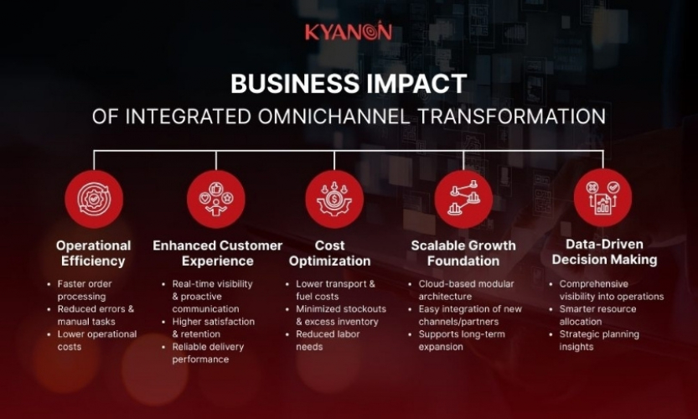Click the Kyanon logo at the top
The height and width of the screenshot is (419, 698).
pyautogui.click(x=348, y=32)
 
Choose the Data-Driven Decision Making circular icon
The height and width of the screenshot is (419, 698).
pyautogui.click(x=602, y=198)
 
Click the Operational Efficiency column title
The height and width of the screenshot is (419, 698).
pyautogui.click(x=94, y=253)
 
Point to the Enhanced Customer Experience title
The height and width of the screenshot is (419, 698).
pyautogui.click(x=217, y=253)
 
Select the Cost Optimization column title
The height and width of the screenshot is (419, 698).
pyautogui.click(x=330, y=253)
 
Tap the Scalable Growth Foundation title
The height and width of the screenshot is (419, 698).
pyautogui.click(x=463, y=253)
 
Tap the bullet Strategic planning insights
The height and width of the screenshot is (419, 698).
pyautogui.click(x=598, y=340)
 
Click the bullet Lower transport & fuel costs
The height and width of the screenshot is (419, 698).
pyautogui.click(x=335, y=290)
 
